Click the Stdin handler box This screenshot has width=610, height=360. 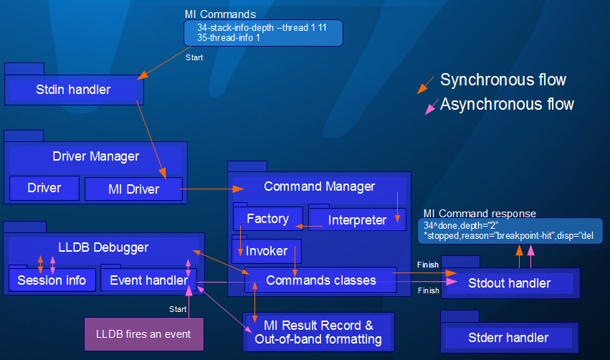[x=74, y=90]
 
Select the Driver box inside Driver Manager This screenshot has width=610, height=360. [x=44, y=189]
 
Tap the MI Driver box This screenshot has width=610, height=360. [x=133, y=189]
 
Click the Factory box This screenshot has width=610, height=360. [x=267, y=219]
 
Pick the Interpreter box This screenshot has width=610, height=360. [x=357, y=220]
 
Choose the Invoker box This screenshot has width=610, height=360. [x=267, y=251]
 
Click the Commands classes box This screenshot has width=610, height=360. [x=320, y=280]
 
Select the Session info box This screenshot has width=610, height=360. [x=52, y=280]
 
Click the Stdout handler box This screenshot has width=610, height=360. [x=509, y=283]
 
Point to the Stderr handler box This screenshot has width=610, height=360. [x=508, y=337]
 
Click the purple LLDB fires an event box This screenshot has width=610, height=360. [x=144, y=333]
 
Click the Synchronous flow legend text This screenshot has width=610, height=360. [x=502, y=80]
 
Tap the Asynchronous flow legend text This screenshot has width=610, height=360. [x=507, y=104]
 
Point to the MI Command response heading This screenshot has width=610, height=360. [x=479, y=213]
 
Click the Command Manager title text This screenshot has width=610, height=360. [x=319, y=186]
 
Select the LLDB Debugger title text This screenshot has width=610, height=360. [x=103, y=247]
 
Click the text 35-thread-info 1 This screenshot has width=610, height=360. [x=229, y=37]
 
